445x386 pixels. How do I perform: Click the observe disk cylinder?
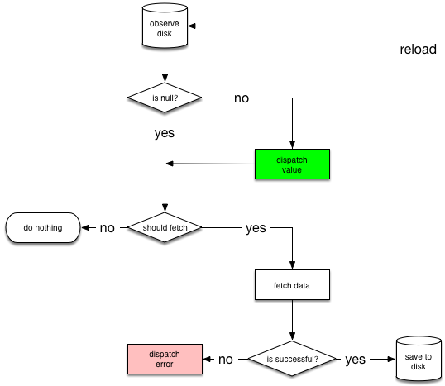point(165,26)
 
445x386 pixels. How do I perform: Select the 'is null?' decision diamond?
point(165,98)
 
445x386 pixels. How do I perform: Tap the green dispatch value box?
point(292,164)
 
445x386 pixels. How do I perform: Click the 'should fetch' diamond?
point(165,227)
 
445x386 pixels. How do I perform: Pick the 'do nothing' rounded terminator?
point(43,228)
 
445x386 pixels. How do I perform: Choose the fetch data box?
point(292,285)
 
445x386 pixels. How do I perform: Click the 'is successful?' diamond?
point(292,359)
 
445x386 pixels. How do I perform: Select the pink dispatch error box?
point(165,359)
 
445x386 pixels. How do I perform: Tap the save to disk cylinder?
point(419,359)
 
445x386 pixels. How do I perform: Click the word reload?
point(418,50)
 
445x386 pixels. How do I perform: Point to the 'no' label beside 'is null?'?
point(242,98)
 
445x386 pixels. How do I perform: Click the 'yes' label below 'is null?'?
point(165,133)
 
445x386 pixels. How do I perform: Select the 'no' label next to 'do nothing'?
point(108,228)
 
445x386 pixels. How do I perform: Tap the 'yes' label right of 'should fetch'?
point(256,228)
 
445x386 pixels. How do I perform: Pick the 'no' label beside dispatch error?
point(226,360)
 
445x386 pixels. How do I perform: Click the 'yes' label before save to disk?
point(356,360)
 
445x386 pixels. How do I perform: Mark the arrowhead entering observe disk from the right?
point(192,26)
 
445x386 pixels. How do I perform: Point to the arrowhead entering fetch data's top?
point(292,265)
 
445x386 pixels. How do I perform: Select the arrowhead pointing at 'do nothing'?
point(85,227)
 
